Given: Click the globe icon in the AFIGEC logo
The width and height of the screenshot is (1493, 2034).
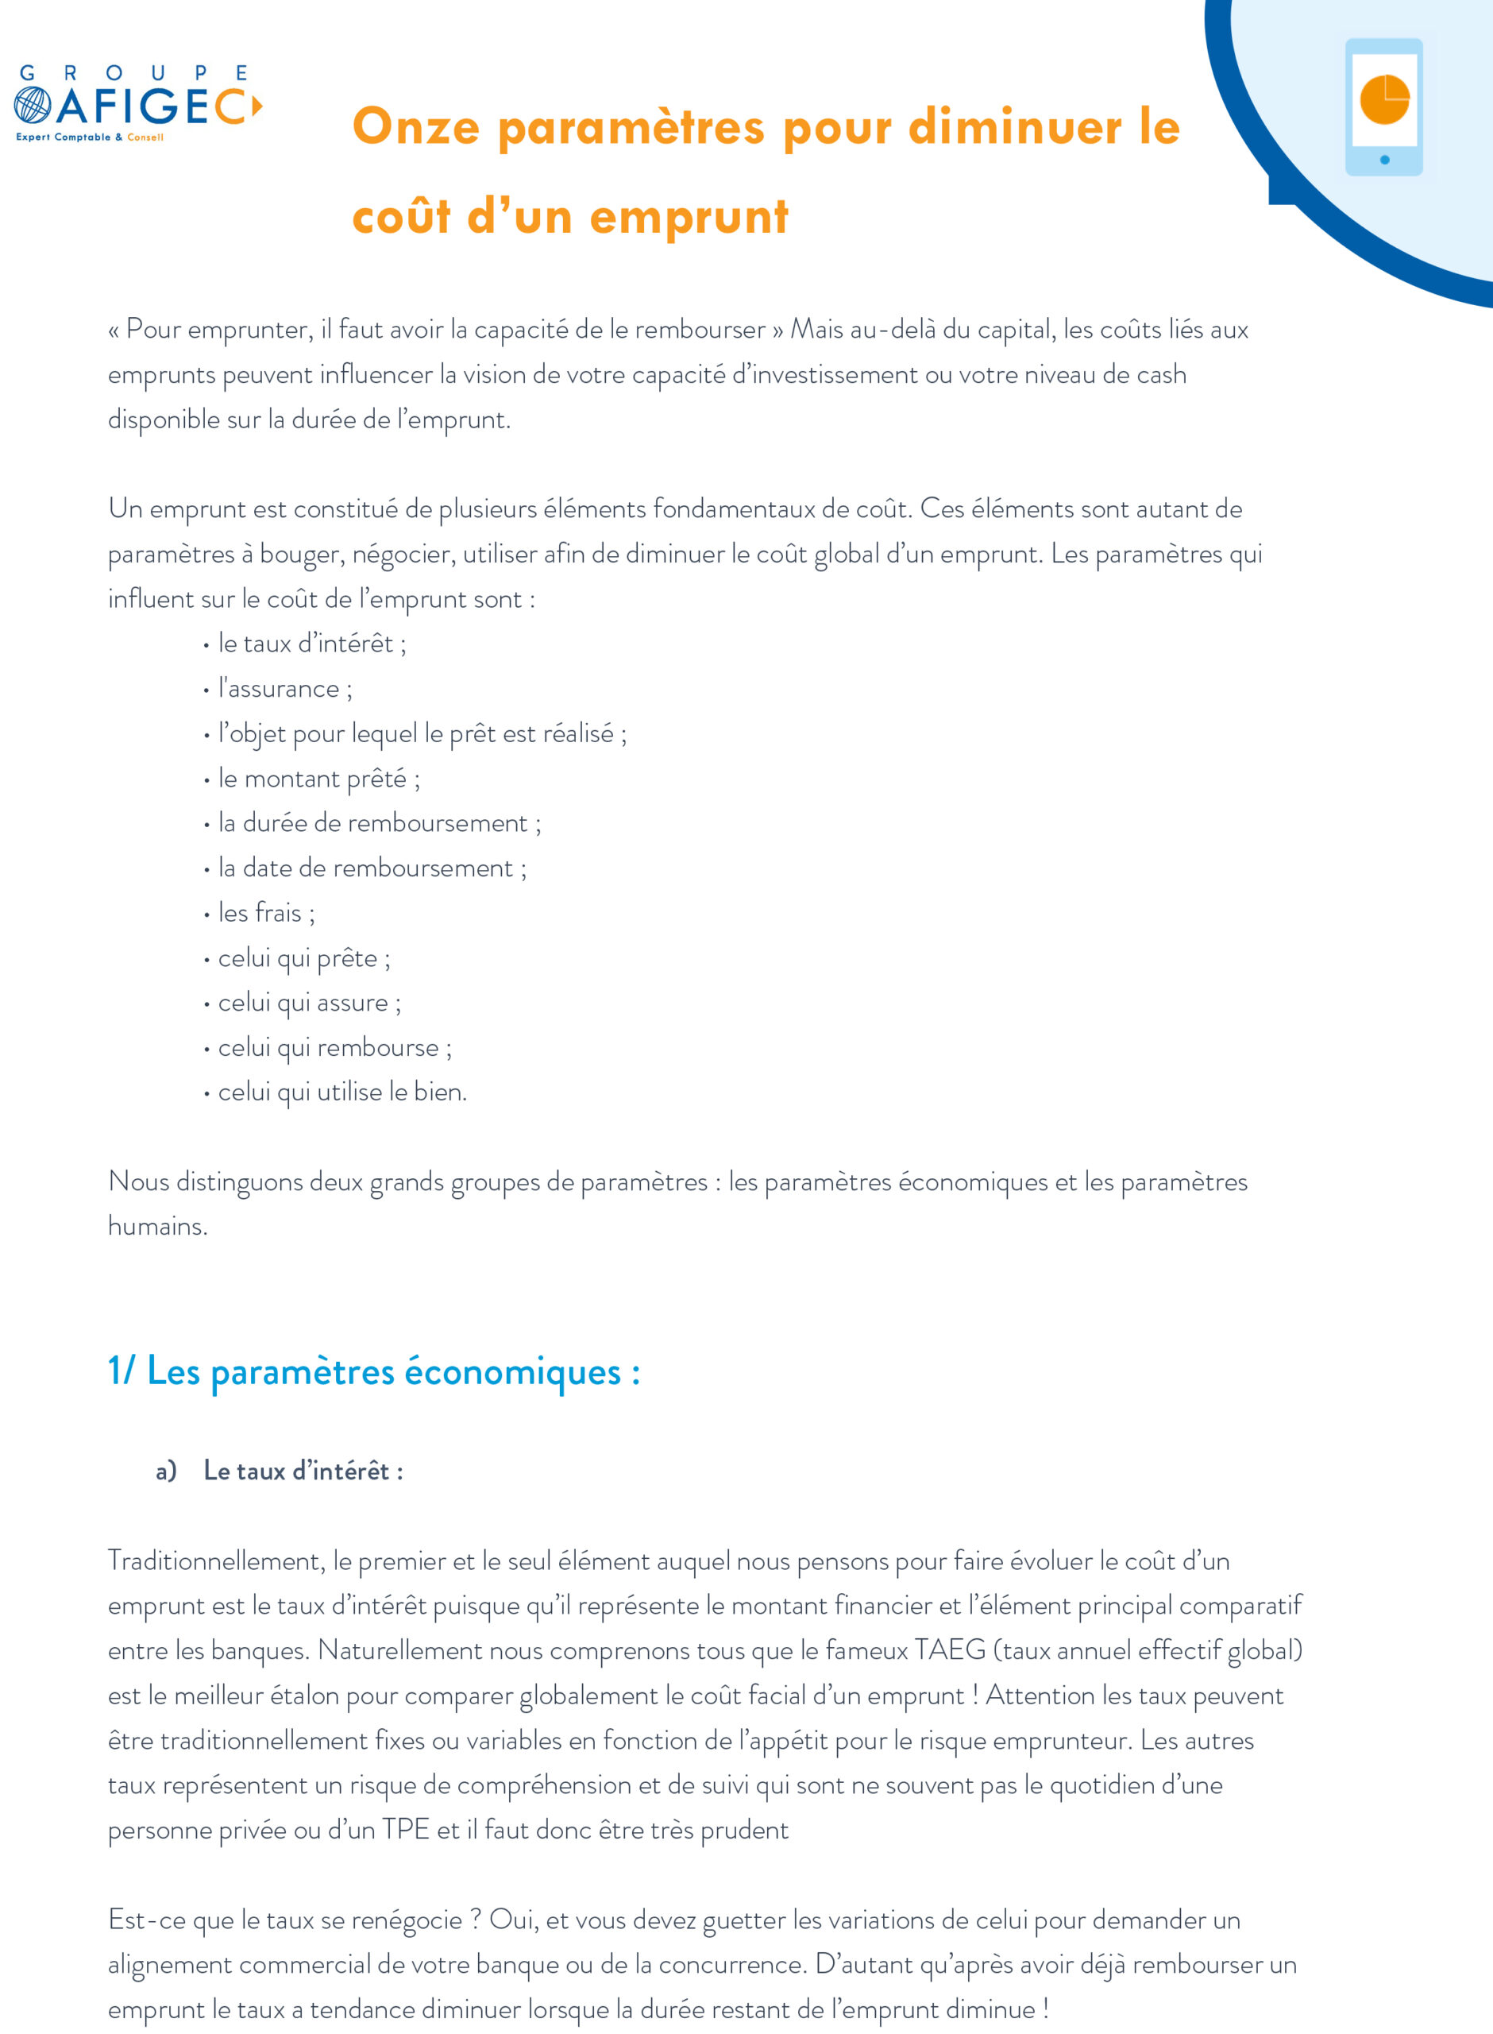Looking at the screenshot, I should (33, 105).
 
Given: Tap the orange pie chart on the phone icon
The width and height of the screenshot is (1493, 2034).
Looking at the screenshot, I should (1383, 99).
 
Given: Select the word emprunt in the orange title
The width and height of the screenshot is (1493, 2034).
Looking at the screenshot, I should (689, 218).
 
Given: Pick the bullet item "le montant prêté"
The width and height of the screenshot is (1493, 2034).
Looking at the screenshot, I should (318, 779).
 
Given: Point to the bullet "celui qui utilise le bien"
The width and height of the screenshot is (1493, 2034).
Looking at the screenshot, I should (341, 1092).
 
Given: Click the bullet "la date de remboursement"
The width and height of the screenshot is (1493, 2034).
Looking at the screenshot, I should (372, 868).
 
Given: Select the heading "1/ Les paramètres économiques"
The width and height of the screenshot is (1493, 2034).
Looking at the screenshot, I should (374, 1371).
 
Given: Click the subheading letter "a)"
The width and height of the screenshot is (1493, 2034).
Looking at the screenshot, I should (165, 1471).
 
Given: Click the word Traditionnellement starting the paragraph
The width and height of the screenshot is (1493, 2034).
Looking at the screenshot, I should (216, 1560).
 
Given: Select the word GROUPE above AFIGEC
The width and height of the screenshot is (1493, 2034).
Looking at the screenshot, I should (133, 73).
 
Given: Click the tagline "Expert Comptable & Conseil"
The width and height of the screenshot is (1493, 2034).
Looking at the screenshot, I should (90, 137).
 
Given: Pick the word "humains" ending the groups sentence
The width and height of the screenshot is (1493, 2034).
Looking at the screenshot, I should (157, 1227).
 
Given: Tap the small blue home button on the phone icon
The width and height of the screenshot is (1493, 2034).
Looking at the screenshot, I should (1384, 160).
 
